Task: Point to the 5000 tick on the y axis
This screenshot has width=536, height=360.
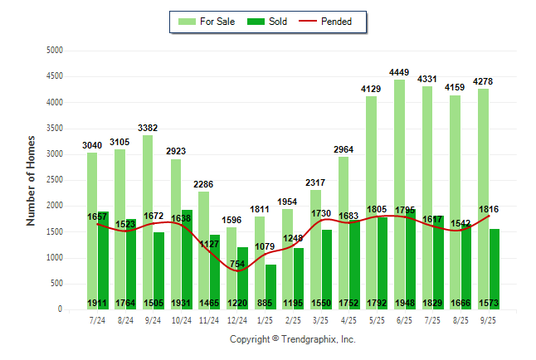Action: click(55, 51)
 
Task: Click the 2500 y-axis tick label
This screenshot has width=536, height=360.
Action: click(55, 180)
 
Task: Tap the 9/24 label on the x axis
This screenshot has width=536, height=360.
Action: click(153, 319)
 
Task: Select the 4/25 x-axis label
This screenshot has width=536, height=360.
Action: click(349, 319)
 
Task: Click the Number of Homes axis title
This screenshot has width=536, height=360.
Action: click(32, 180)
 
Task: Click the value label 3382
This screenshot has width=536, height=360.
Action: click(148, 128)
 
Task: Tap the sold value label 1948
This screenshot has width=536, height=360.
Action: click(406, 302)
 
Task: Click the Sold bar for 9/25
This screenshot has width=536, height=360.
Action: click(495, 265)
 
